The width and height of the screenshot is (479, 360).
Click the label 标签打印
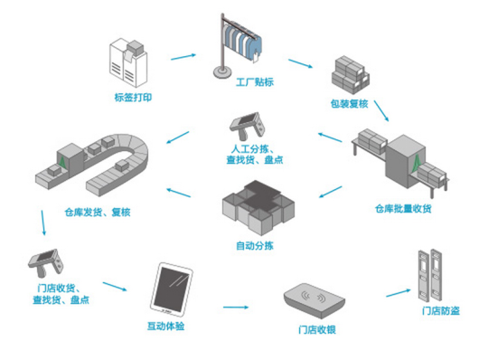[x=133, y=98]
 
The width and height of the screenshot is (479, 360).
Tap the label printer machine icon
[x=128, y=62]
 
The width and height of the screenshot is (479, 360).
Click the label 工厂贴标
[x=255, y=82]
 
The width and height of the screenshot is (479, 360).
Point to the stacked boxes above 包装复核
[x=351, y=75]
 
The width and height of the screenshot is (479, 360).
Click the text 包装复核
[x=350, y=104]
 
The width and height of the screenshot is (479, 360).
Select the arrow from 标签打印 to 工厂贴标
[x=183, y=57]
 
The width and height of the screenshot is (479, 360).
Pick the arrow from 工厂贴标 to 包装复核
[x=301, y=63]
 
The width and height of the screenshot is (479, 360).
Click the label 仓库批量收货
[x=403, y=209]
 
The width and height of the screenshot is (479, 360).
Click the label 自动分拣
[x=255, y=246]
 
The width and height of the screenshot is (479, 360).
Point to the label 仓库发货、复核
[x=98, y=212]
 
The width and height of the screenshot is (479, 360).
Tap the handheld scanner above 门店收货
[x=46, y=263]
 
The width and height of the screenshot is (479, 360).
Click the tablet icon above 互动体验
[x=171, y=289]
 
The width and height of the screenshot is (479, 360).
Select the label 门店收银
[x=317, y=330]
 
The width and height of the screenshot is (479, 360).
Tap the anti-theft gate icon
[x=431, y=275]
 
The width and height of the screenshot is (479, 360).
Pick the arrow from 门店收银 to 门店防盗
[x=399, y=293]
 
